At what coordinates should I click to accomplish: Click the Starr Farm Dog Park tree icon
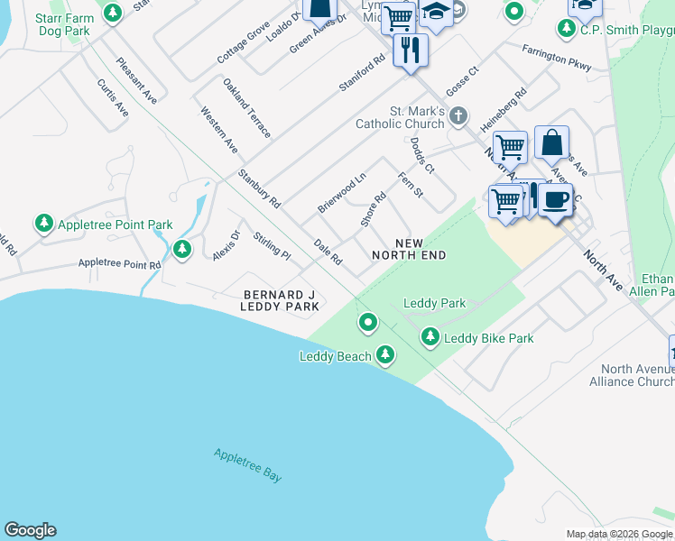[x=113, y=14]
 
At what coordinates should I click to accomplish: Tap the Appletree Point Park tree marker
[x=43, y=223]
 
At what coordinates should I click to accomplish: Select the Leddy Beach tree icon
[x=385, y=355]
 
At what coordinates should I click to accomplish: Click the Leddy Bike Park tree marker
[x=430, y=337]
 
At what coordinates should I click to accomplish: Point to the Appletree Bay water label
[x=248, y=465]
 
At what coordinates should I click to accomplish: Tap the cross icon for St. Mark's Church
[x=458, y=116]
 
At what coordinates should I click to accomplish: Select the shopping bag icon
[x=551, y=142]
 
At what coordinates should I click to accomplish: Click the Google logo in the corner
[x=30, y=530]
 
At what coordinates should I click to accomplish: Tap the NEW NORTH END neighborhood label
[x=409, y=249]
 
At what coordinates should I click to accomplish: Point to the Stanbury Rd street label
[x=259, y=188]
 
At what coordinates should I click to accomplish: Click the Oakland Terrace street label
[x=247, y=108]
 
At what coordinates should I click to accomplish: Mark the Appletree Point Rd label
[x=119, y=264]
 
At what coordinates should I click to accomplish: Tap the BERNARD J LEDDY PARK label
[x=281, y=301]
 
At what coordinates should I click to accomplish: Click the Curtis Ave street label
[x=113, y=97]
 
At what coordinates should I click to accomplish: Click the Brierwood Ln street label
[x=341, y=193]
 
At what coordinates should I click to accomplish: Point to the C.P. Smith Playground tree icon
[x=567, y=29]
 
